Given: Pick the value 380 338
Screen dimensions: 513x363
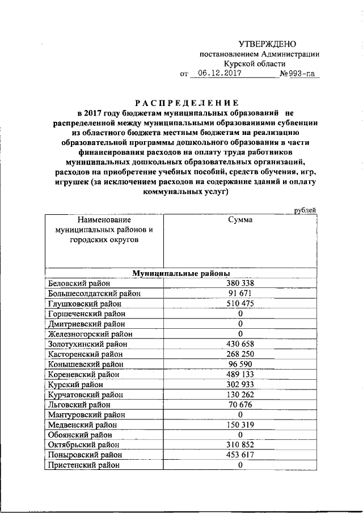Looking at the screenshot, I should coord(240,283).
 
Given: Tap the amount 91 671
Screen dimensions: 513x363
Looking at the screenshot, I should coord(240,293).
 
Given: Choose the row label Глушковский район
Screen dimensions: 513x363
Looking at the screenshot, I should coord(85,303).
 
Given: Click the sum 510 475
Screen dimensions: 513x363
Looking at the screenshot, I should coord(240,303).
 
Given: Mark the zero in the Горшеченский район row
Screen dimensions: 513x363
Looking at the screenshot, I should coord(240,313).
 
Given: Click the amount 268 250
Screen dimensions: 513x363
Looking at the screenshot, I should coord(240,354).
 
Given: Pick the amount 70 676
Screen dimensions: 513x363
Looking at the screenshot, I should coord(240,404).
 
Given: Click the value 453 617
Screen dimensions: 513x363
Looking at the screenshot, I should coord(240,455).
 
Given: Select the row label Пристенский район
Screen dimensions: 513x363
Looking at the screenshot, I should coord(85,465).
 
